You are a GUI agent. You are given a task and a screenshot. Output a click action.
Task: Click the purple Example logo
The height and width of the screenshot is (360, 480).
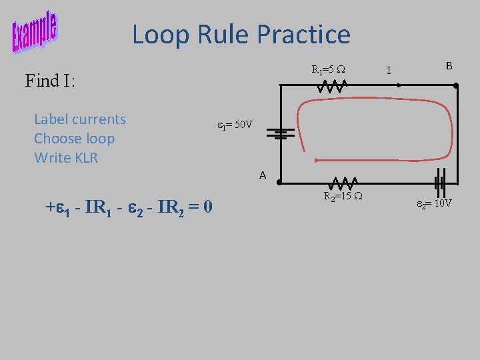coord(34,32)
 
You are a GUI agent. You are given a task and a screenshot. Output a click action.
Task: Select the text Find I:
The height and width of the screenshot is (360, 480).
coord(50,81)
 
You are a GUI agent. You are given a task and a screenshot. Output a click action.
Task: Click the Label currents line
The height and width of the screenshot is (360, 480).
coord(79,119)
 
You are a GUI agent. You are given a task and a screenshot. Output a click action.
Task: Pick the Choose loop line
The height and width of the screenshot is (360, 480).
coord(74,139)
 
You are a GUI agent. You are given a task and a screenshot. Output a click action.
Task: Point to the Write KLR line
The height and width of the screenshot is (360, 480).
coord(65,158)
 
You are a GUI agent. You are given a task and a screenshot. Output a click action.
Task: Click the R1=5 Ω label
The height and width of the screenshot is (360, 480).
coord(327,69)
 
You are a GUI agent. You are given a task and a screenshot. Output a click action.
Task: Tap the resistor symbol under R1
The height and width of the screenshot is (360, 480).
coord(331,86)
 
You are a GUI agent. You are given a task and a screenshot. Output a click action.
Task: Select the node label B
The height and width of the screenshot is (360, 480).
coord(449,65)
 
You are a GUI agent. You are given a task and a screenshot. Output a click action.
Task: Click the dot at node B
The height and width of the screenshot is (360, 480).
coord(455,86)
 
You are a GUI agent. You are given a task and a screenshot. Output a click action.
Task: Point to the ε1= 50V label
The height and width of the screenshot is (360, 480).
coord(235,125)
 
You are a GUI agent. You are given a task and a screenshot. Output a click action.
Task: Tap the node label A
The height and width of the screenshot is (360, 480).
coord(263,175)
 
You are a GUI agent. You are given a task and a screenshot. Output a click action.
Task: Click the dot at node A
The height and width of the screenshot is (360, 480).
coord(280,182)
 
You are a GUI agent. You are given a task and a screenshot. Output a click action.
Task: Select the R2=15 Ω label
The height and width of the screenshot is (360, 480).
coord(343,197)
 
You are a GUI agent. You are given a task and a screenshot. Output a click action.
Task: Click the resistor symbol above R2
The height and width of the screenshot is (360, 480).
coord(342,182)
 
